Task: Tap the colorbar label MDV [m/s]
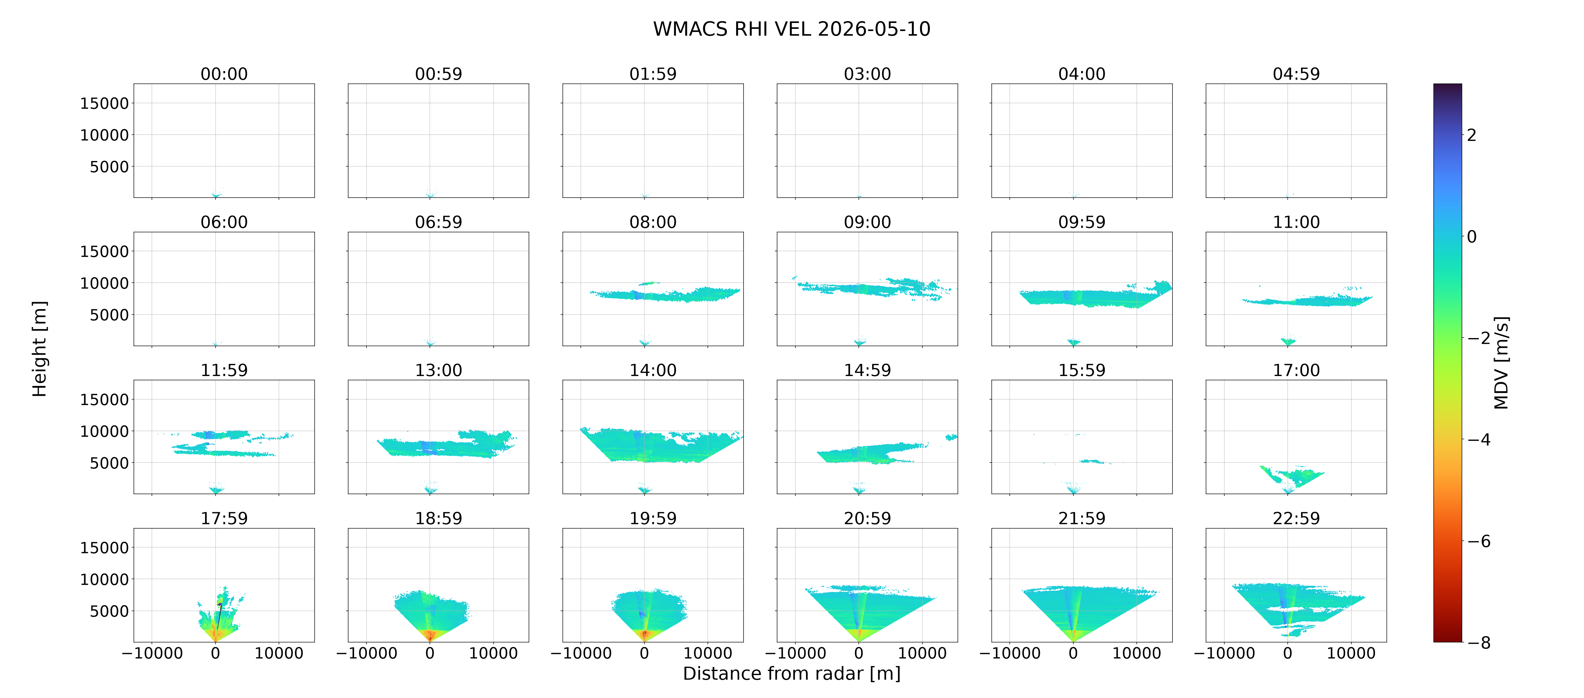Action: (1501, 363)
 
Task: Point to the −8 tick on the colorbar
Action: (1479, 643)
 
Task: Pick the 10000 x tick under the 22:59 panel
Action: (1351, 653)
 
